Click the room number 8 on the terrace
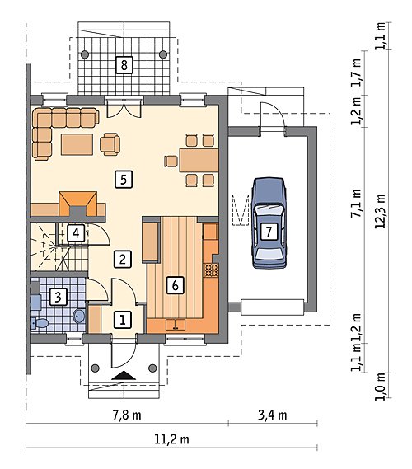click(124, 65)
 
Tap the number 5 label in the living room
click(124, 180)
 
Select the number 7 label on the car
click(269, 232)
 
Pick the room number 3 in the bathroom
click(58, 297)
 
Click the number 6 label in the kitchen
click(176, 285)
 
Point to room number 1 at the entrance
click(123, 320)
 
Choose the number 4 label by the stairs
click(76, 233)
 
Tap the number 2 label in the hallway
click(123, 259)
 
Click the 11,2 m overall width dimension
click(171, 439)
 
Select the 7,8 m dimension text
click(127, 415)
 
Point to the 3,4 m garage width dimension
click(273, 415)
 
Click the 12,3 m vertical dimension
click(381, 211)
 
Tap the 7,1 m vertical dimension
click(356, 204)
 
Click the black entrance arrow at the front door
click(124, 375)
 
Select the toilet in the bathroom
click(40, 323)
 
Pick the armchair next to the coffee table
click(110, 144)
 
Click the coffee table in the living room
click(77, 144)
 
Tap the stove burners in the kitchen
click(211, 270)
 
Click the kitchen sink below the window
click(176, 325)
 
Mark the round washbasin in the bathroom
click(80, 316)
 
